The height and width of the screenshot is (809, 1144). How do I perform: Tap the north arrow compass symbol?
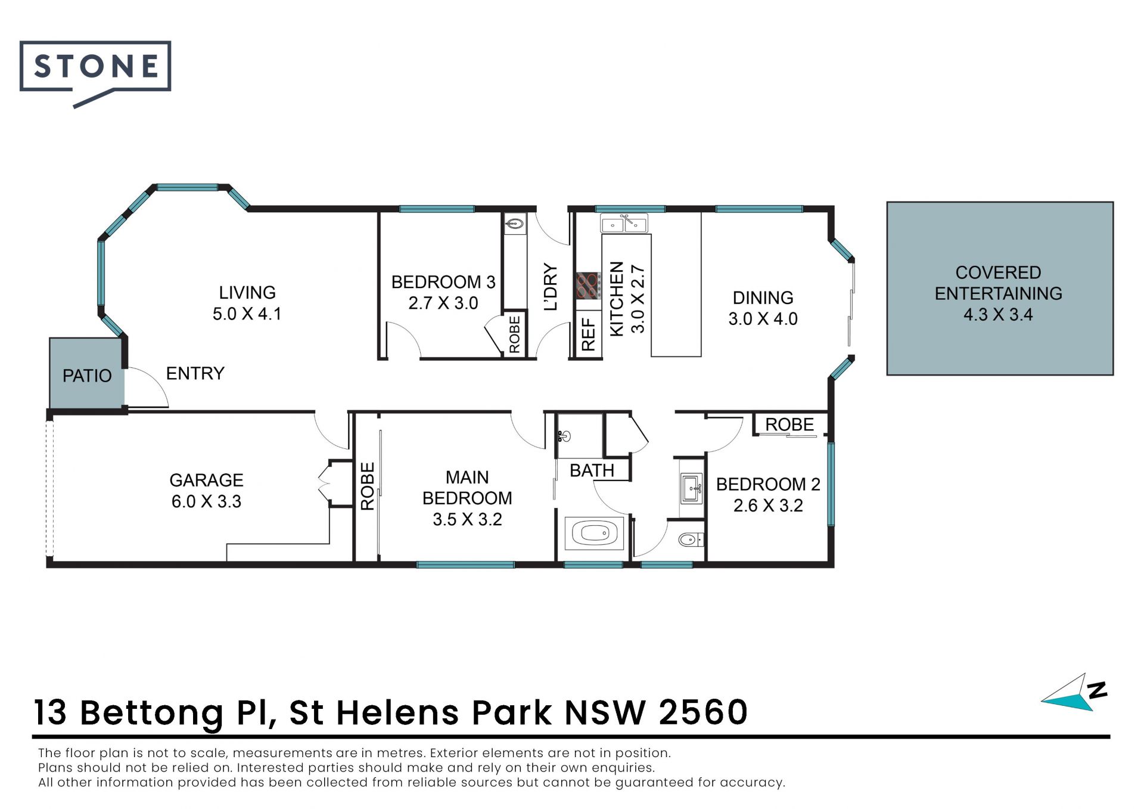(x=1074, y=693)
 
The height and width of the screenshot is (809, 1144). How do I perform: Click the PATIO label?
(x=87, y=376)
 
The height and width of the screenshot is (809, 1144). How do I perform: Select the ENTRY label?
(x=195, y=373)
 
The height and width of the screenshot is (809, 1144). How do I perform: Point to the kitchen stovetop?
(x=588, y=286)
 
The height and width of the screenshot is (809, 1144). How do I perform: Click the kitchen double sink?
(x=624, y=224)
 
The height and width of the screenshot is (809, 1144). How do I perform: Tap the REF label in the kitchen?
(x=589, y=334)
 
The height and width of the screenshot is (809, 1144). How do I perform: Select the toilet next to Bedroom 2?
(x=691, y=540)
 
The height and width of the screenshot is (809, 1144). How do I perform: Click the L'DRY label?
(x=551, y=287)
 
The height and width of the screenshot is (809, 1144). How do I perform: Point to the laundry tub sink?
(x=515, y=224)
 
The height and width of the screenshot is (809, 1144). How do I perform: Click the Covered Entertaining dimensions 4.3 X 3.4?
(x=998, y=314)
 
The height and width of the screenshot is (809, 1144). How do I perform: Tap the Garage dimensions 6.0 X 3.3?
(x=206, y=501)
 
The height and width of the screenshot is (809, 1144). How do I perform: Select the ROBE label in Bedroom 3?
(x=515, y=334)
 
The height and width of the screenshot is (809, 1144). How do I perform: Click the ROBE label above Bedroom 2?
(x=789, y=424)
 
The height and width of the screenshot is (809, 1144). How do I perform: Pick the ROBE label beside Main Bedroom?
(x=368, y=486)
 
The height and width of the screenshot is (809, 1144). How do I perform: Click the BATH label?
(x=592, y=470)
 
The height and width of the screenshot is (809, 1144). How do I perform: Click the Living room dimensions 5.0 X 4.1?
(x=247, y=314)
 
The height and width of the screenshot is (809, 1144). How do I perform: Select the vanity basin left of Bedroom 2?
(x=691, y=489)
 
